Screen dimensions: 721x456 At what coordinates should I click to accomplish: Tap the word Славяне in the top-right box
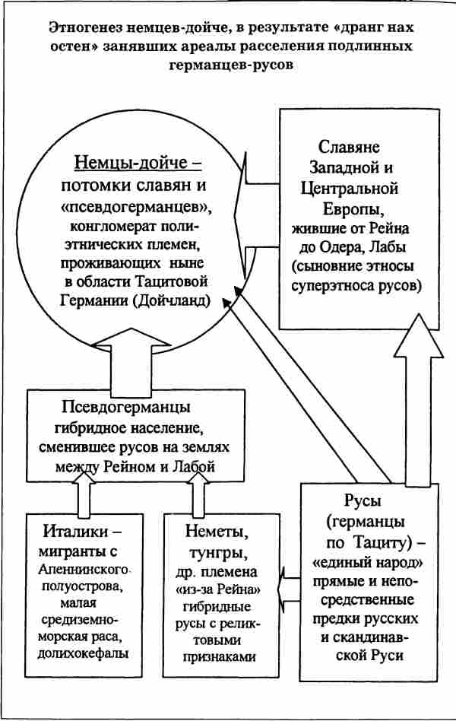(350, 148)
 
